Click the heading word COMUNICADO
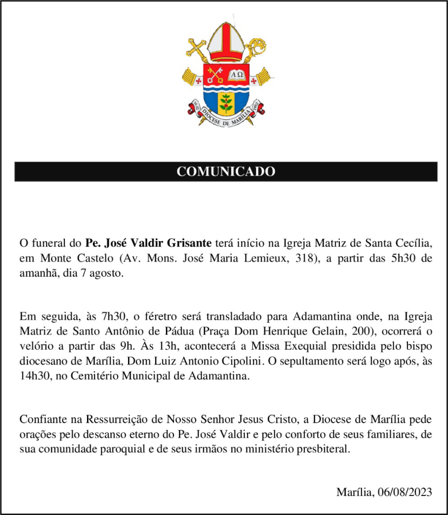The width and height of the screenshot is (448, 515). click(x=226, y=172)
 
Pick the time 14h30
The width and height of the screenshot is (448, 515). click(x=34, y=377)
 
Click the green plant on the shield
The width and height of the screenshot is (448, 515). click(x=226, y=103)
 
